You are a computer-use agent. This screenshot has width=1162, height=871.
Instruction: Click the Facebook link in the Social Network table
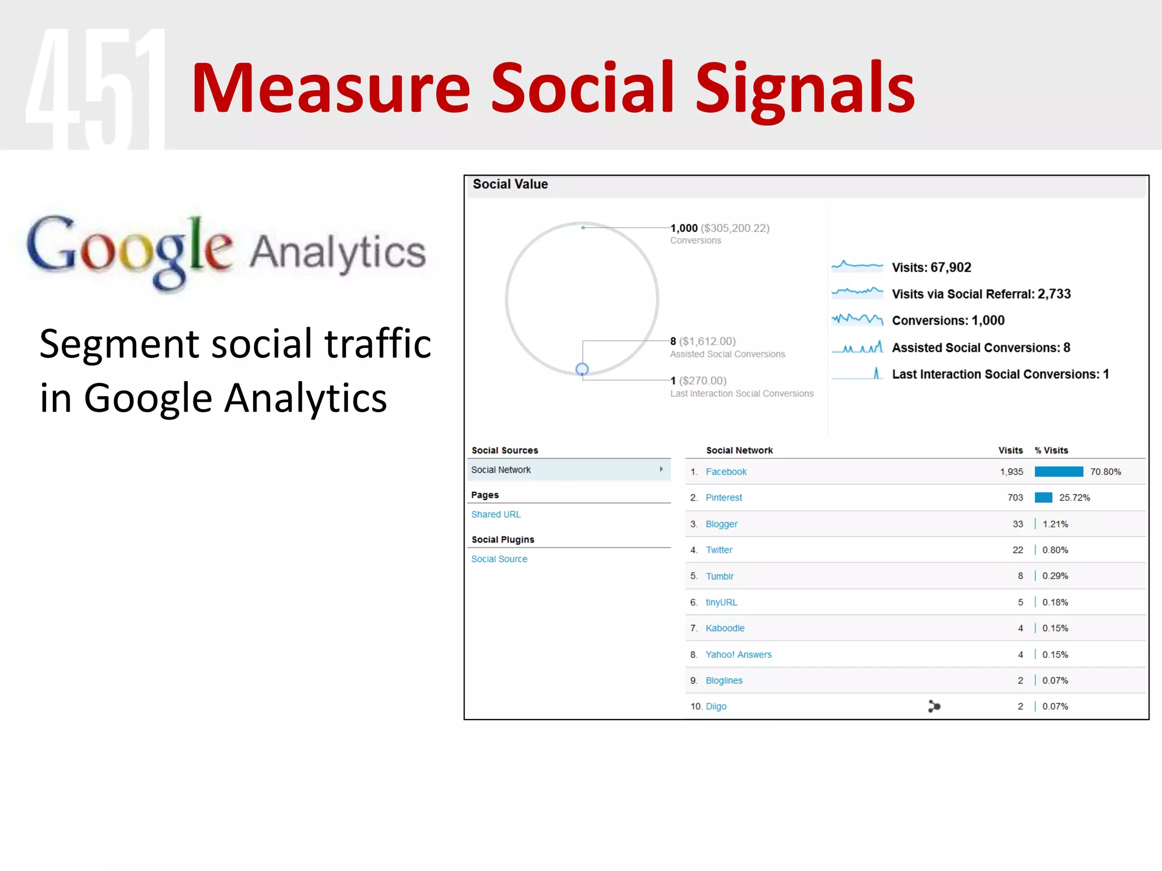726,472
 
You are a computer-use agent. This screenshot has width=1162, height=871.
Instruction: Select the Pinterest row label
723,498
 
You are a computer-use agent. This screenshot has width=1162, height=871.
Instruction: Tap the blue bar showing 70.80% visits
1059,472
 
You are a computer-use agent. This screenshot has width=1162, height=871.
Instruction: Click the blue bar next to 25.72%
1043,498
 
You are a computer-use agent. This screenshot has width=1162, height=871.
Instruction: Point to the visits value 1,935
1011,472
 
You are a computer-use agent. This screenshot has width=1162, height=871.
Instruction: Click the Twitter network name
719,550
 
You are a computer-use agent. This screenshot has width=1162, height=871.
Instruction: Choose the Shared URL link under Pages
495,514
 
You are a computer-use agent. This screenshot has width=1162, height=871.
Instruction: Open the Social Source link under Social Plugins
499,559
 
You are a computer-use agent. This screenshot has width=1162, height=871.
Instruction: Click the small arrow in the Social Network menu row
661,470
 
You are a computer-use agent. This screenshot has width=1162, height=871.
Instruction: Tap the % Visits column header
1051,450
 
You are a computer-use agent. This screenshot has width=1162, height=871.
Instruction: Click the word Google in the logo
129,250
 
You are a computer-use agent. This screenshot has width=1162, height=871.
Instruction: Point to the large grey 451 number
95,88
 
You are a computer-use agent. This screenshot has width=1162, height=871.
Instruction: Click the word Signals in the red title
805,88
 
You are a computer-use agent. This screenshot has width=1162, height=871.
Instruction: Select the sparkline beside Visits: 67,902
857,265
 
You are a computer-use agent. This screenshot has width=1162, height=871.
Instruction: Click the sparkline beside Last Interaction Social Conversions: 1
857,374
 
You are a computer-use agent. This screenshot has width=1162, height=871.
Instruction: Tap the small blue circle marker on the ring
582,369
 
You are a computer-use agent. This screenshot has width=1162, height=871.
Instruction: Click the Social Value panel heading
510,184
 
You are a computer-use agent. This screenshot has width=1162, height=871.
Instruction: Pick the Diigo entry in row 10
716,707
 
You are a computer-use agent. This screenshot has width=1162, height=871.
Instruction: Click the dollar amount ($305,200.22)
735,228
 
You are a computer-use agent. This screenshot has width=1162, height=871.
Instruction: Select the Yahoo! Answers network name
738,654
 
